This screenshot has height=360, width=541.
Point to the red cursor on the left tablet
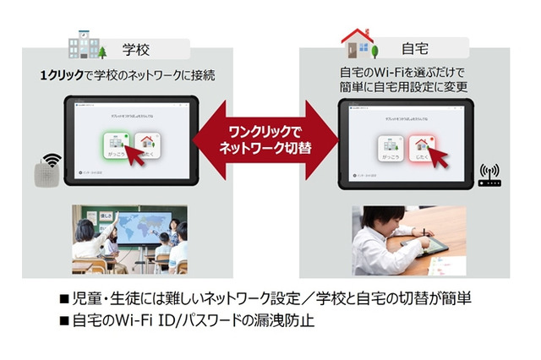[x=127, y=155]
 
